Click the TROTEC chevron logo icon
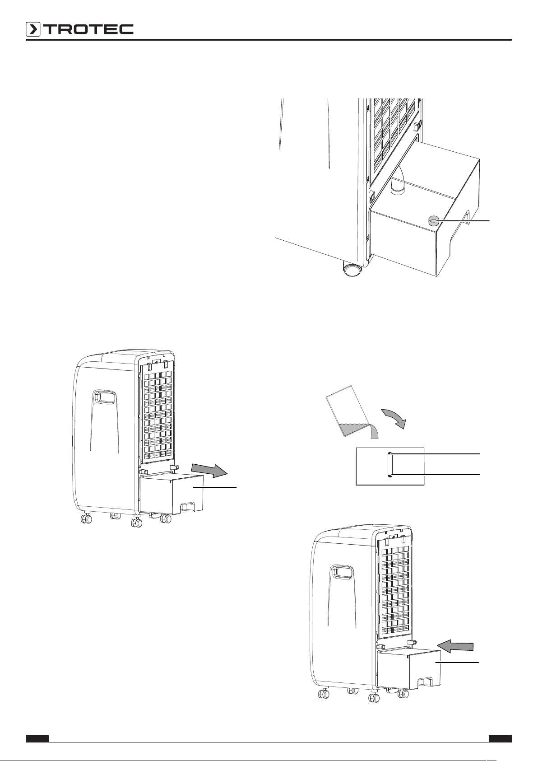(x=33, y=29)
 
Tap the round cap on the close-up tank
(x=433, y=221)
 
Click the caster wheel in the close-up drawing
(x=352, y=270)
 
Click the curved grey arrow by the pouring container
(x=394, y=419)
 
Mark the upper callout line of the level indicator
(x=435, y=453)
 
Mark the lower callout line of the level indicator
(x=435, y=474)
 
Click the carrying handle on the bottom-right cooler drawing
(x=342, y=571)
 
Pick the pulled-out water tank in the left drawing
(x=172, y=494)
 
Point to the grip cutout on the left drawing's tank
(x=189, y=506)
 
